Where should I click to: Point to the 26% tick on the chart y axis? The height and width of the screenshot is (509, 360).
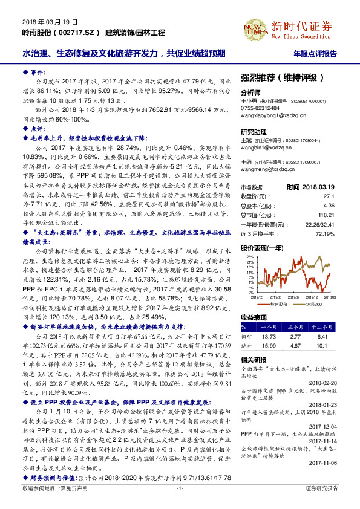(246, 256)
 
